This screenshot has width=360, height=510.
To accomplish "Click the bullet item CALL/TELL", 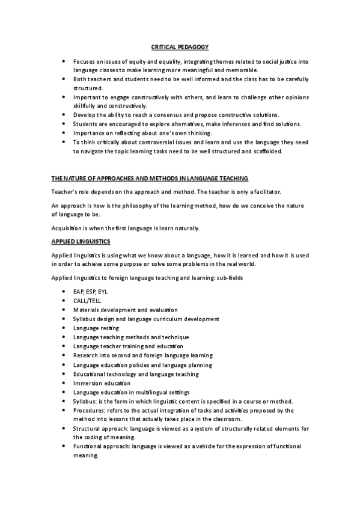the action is (x=87, y=300).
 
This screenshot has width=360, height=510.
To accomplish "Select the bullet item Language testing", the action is (x=96, y=328).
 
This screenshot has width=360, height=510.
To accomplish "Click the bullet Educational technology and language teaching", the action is (x=135, y=374).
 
